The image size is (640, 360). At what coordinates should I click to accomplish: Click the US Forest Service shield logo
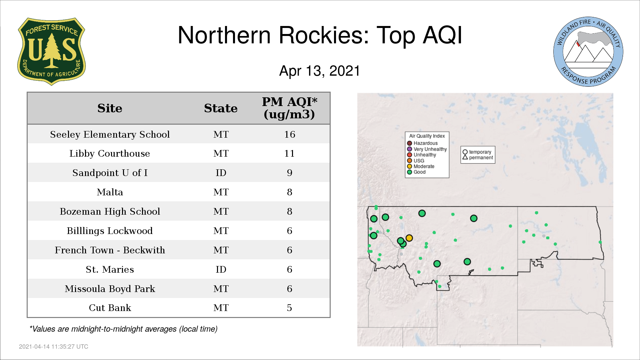point(51,51)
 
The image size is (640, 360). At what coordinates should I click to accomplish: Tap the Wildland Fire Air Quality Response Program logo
point(588,52)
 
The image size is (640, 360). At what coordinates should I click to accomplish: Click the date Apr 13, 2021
point(320,71)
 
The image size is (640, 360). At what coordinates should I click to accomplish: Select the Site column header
point(110,108)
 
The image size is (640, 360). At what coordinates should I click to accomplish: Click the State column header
point(221,108)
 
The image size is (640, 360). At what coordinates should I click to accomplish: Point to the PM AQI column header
point(289,108)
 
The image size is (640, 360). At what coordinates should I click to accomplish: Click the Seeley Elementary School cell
point(110,134)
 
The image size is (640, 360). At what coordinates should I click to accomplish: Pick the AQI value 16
point(290,134)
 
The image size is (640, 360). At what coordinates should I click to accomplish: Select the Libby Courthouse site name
point(110,153)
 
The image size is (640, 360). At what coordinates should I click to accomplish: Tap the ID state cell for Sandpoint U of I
point(221,173)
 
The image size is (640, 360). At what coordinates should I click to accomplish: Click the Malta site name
point(110,192)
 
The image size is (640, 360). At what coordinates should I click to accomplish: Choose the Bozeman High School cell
point(110,211)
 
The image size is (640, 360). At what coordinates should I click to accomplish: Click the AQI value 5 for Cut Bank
point(289,308)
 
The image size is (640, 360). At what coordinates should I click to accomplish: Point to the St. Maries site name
point(110,269)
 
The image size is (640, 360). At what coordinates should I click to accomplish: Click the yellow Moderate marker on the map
point(409,238)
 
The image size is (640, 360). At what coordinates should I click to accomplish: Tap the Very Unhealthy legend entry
point(427,149)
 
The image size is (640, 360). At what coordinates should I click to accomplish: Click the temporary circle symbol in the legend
point(465,152)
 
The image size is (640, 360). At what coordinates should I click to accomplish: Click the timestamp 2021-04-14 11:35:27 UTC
point(54,347)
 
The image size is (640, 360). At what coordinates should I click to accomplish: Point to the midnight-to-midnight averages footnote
point(123,329)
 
